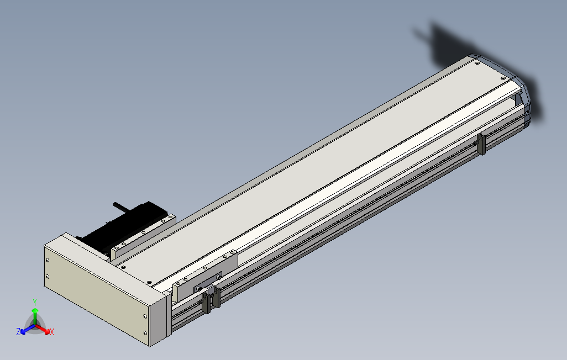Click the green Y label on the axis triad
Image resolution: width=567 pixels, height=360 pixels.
tap(34, 302)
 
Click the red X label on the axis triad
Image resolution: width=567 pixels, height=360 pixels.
tap(51, 332)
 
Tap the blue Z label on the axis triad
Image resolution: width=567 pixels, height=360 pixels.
tap(18, 332)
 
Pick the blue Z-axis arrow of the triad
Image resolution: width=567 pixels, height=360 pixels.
tap(25, 330)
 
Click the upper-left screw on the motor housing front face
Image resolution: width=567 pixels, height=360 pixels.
tap(48, 260)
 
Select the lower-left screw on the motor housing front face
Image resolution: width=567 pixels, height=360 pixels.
tap(48, 276)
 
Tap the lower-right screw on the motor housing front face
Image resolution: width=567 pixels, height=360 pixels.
tap(145, 332)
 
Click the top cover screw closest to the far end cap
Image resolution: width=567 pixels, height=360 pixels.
tap(477, 63)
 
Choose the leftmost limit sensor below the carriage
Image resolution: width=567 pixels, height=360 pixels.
tap(206, 303)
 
